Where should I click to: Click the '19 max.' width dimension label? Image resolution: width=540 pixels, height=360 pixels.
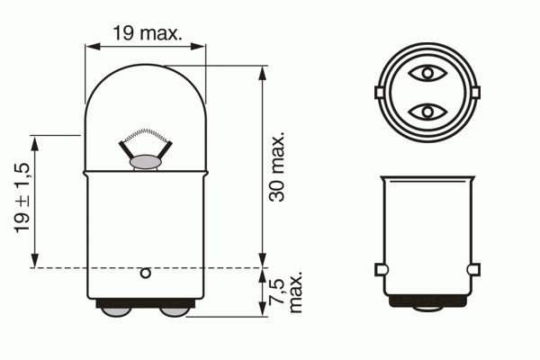click(147, 33)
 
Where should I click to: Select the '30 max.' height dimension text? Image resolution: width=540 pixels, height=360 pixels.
click(277, 166)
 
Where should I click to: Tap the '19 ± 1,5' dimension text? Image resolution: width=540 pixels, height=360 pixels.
click(22, 198)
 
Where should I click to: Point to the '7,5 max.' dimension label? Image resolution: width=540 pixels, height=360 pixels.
click(286, 292)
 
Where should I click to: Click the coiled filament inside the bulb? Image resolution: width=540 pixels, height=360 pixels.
click(146, 135)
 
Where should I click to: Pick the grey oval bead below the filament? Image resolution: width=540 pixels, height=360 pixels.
click(145, 162)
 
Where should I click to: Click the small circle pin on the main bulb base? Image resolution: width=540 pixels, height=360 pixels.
click(146, 274)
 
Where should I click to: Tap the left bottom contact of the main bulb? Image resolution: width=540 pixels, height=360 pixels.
click(116, 311)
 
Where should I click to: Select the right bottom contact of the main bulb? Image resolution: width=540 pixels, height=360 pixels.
click(175, 311)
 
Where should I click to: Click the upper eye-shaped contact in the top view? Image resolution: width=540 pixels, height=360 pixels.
click(427, 73)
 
